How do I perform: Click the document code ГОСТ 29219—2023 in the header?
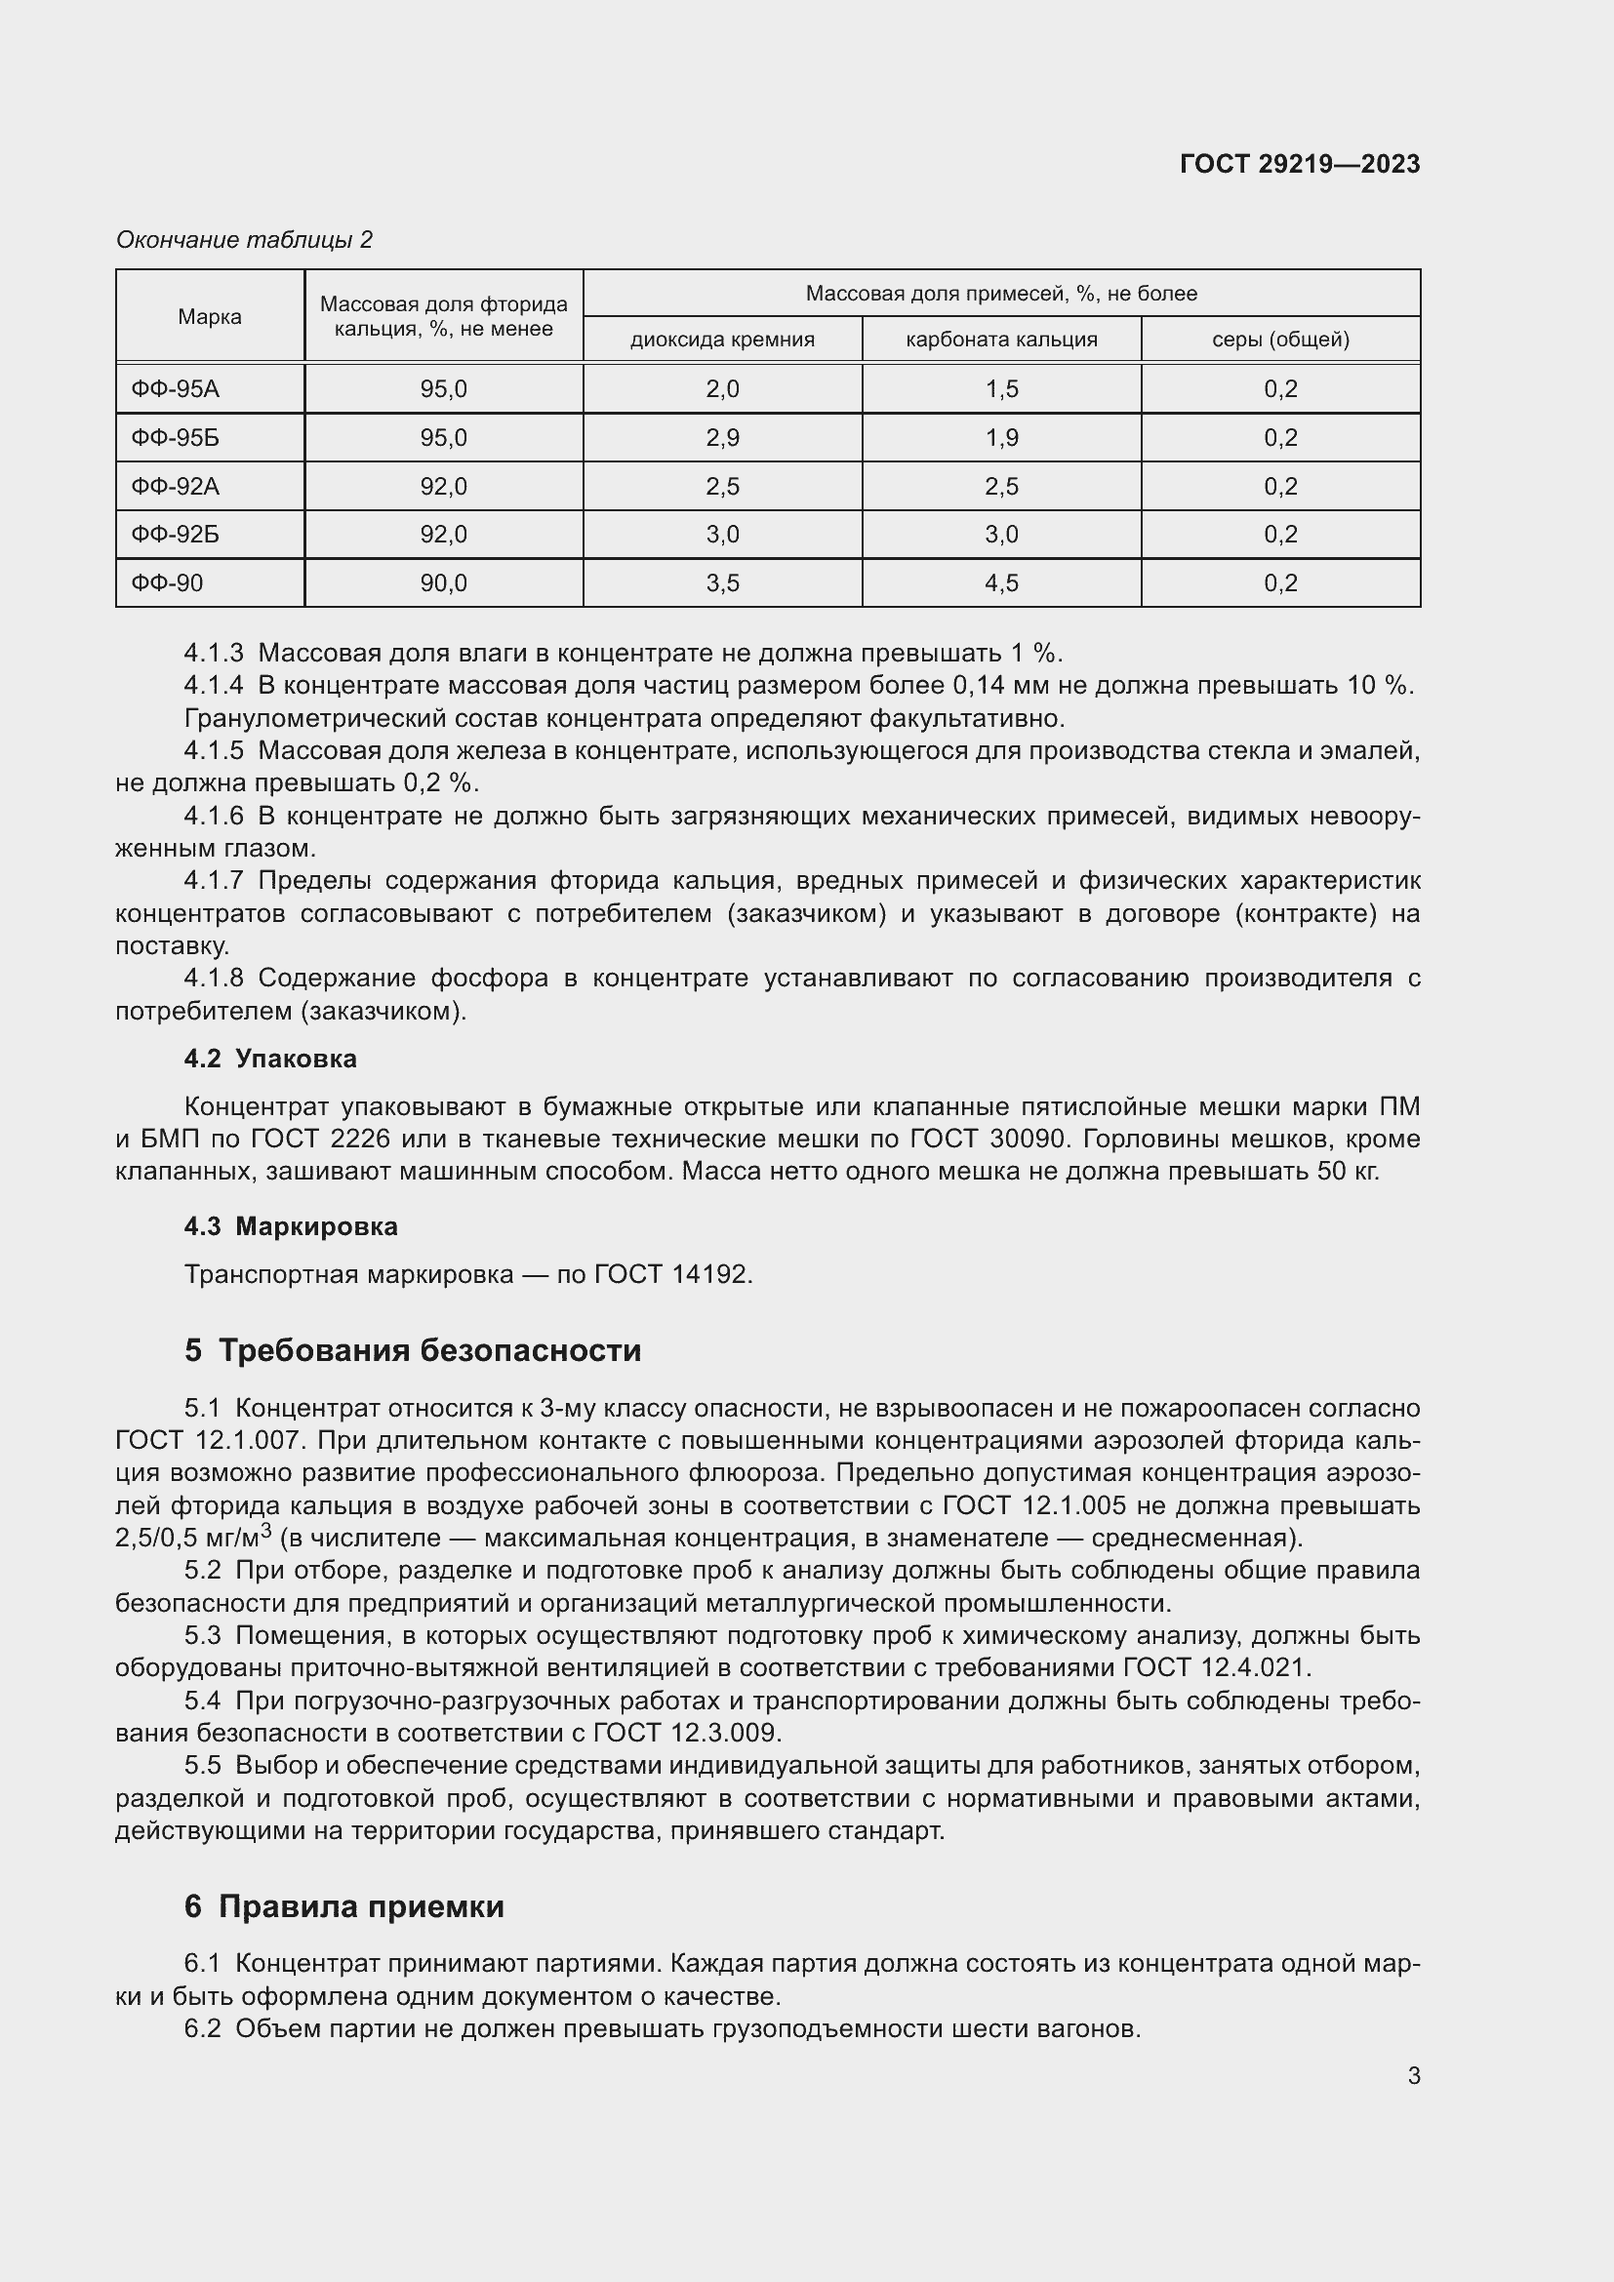[1299, 164]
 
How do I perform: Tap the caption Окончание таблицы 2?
[245, 240]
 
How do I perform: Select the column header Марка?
[210, 316]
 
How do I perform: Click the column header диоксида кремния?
[721, 339]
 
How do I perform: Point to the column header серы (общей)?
[1280, 339]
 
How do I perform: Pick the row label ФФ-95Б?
[175, 437]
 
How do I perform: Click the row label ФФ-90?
[167, 582]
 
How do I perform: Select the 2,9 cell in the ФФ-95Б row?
[721, 437]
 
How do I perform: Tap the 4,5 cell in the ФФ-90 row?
[1001, 582]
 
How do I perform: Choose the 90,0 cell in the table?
[443, 582]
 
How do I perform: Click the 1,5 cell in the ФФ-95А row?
[1001, 388]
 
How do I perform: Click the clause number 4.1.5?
[213, 751]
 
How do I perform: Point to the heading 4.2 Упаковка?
[270, 1059]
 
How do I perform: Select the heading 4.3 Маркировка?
[290, 1226]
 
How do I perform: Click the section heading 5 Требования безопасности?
[413, 1350]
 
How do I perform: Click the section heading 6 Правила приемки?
[343, 1906]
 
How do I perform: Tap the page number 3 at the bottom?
[1413, 2076]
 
